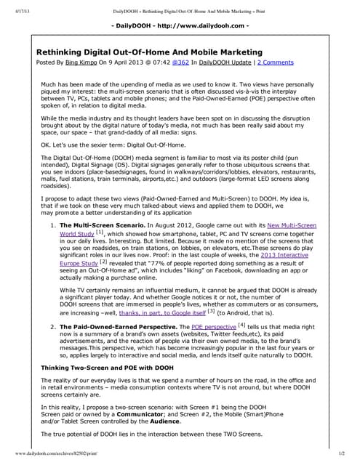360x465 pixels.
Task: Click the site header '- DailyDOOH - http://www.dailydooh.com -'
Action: click(180, 26)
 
